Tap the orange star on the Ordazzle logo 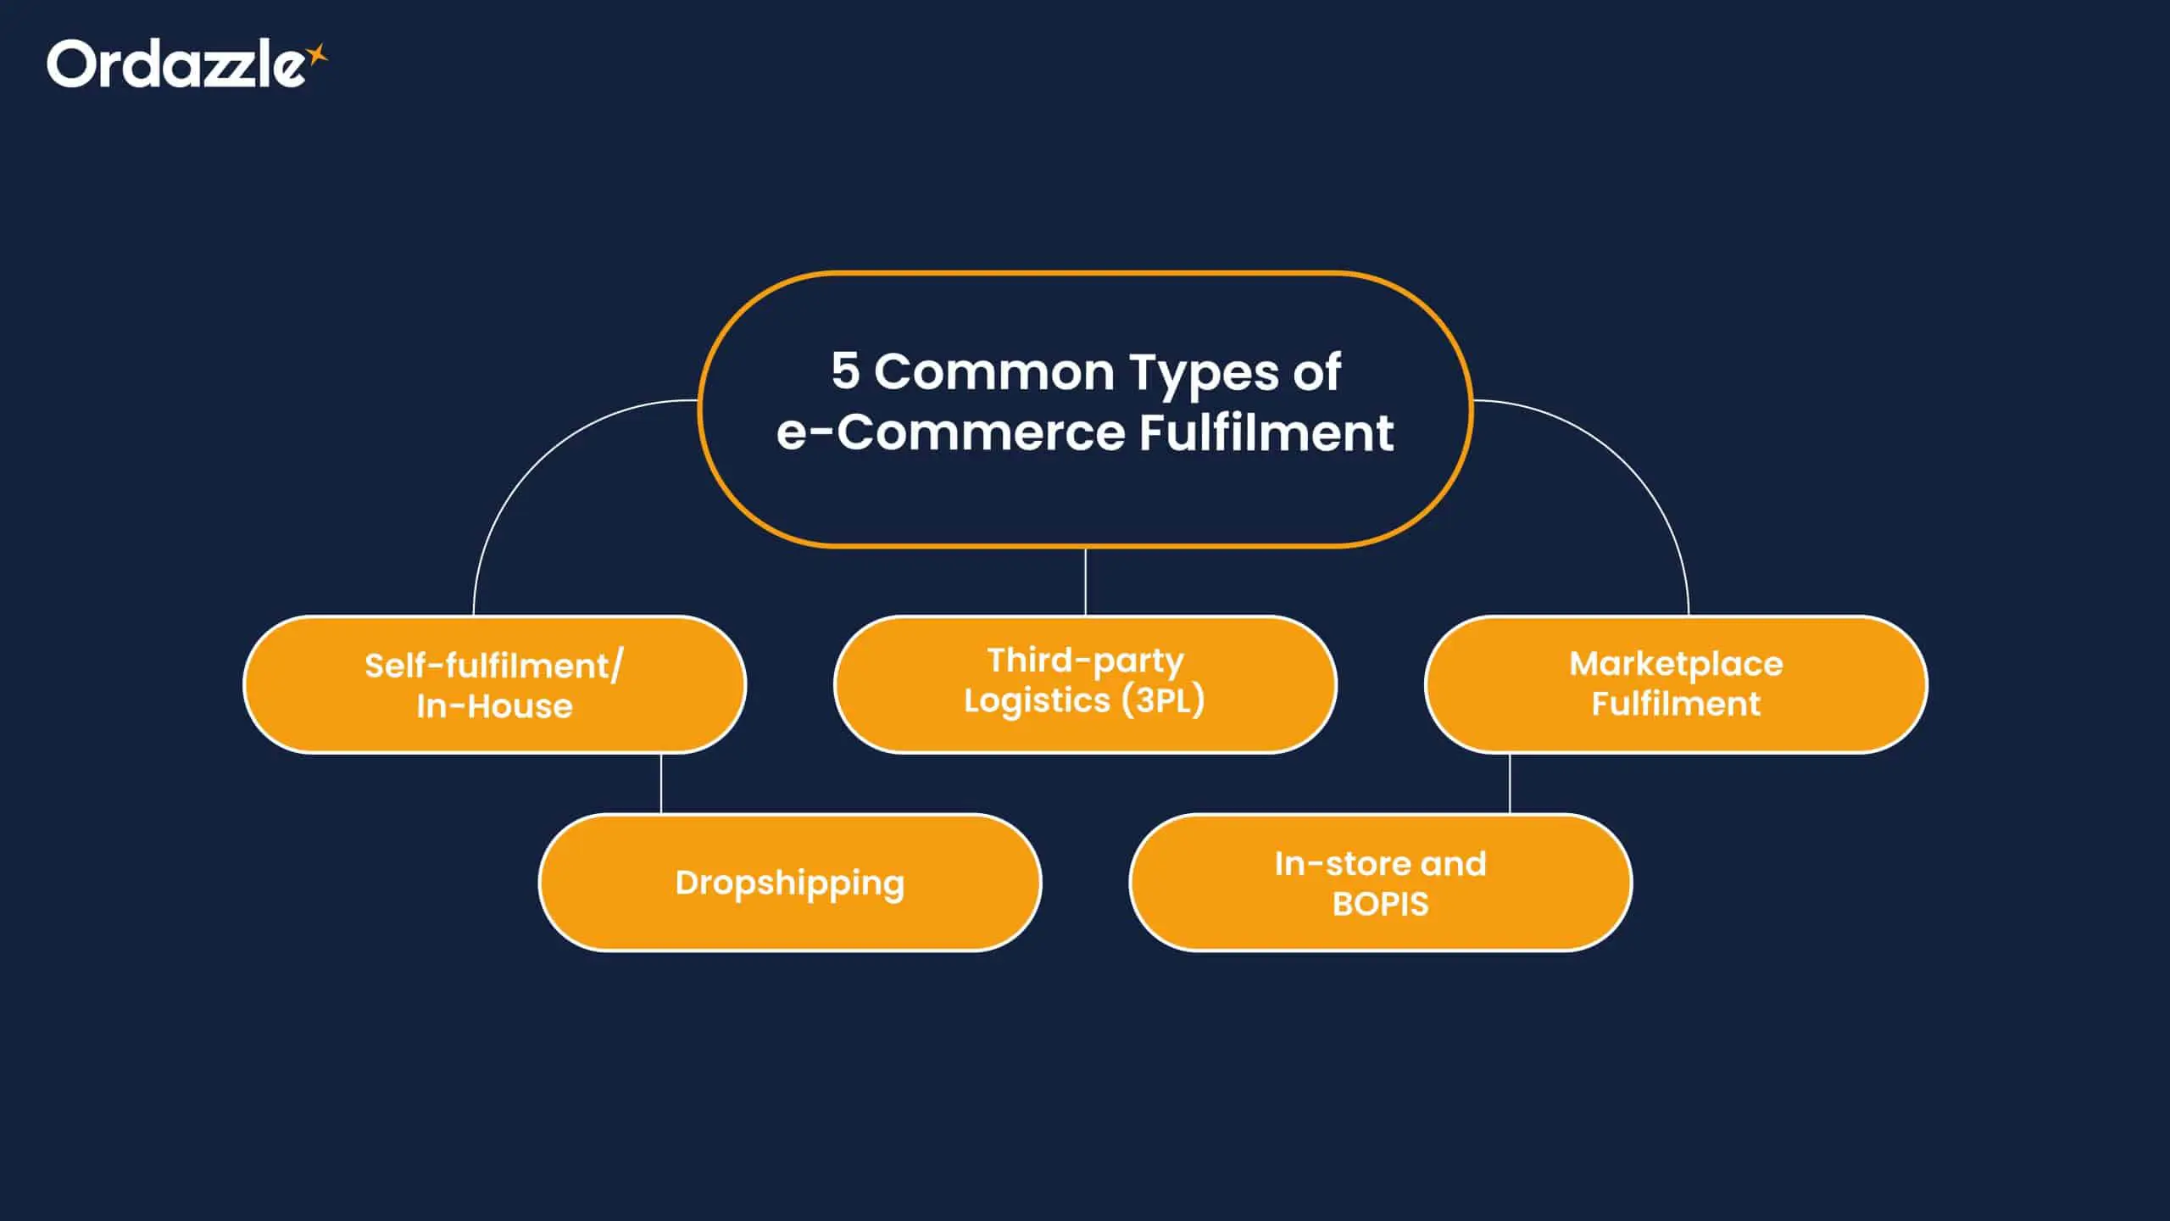click(x=317, y=55)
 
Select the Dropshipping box click(x=790, y=883)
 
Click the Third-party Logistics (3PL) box click(x=1085, y=683)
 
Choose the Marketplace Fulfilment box click(x=1676, y=683)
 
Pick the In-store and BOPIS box click(x=1380, y=883)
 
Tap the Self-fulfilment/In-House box click(x=494, y=683)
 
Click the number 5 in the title click(x=845, y=371)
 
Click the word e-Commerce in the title click(x=949, y=432)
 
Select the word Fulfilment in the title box click(x=1266, y=432)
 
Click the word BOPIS click(x=1380, y=904)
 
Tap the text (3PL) click(x=1163, y=700)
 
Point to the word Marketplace click(x=1676, y=663)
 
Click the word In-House click(x=494, y=705)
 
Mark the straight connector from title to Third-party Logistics click(x=1085, y=582)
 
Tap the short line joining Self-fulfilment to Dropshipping click(x=661, y=783)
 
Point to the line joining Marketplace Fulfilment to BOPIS click(x=1510, y=783)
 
